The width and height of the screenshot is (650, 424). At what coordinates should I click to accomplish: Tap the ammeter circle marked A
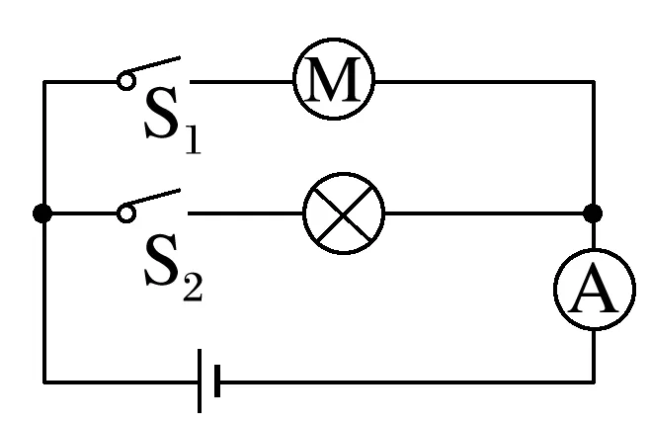[593, 295]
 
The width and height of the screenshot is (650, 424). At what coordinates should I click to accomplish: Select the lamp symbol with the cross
[343, 213]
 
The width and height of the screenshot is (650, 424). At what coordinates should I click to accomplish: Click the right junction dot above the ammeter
[593, 213]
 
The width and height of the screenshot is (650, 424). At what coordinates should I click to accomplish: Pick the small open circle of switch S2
[125, 212]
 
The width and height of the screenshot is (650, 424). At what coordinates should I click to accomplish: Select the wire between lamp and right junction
[484, 213]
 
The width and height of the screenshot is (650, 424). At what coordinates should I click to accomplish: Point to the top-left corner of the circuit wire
[44, 83]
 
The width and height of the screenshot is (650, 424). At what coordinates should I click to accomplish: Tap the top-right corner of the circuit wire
[594, 83]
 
